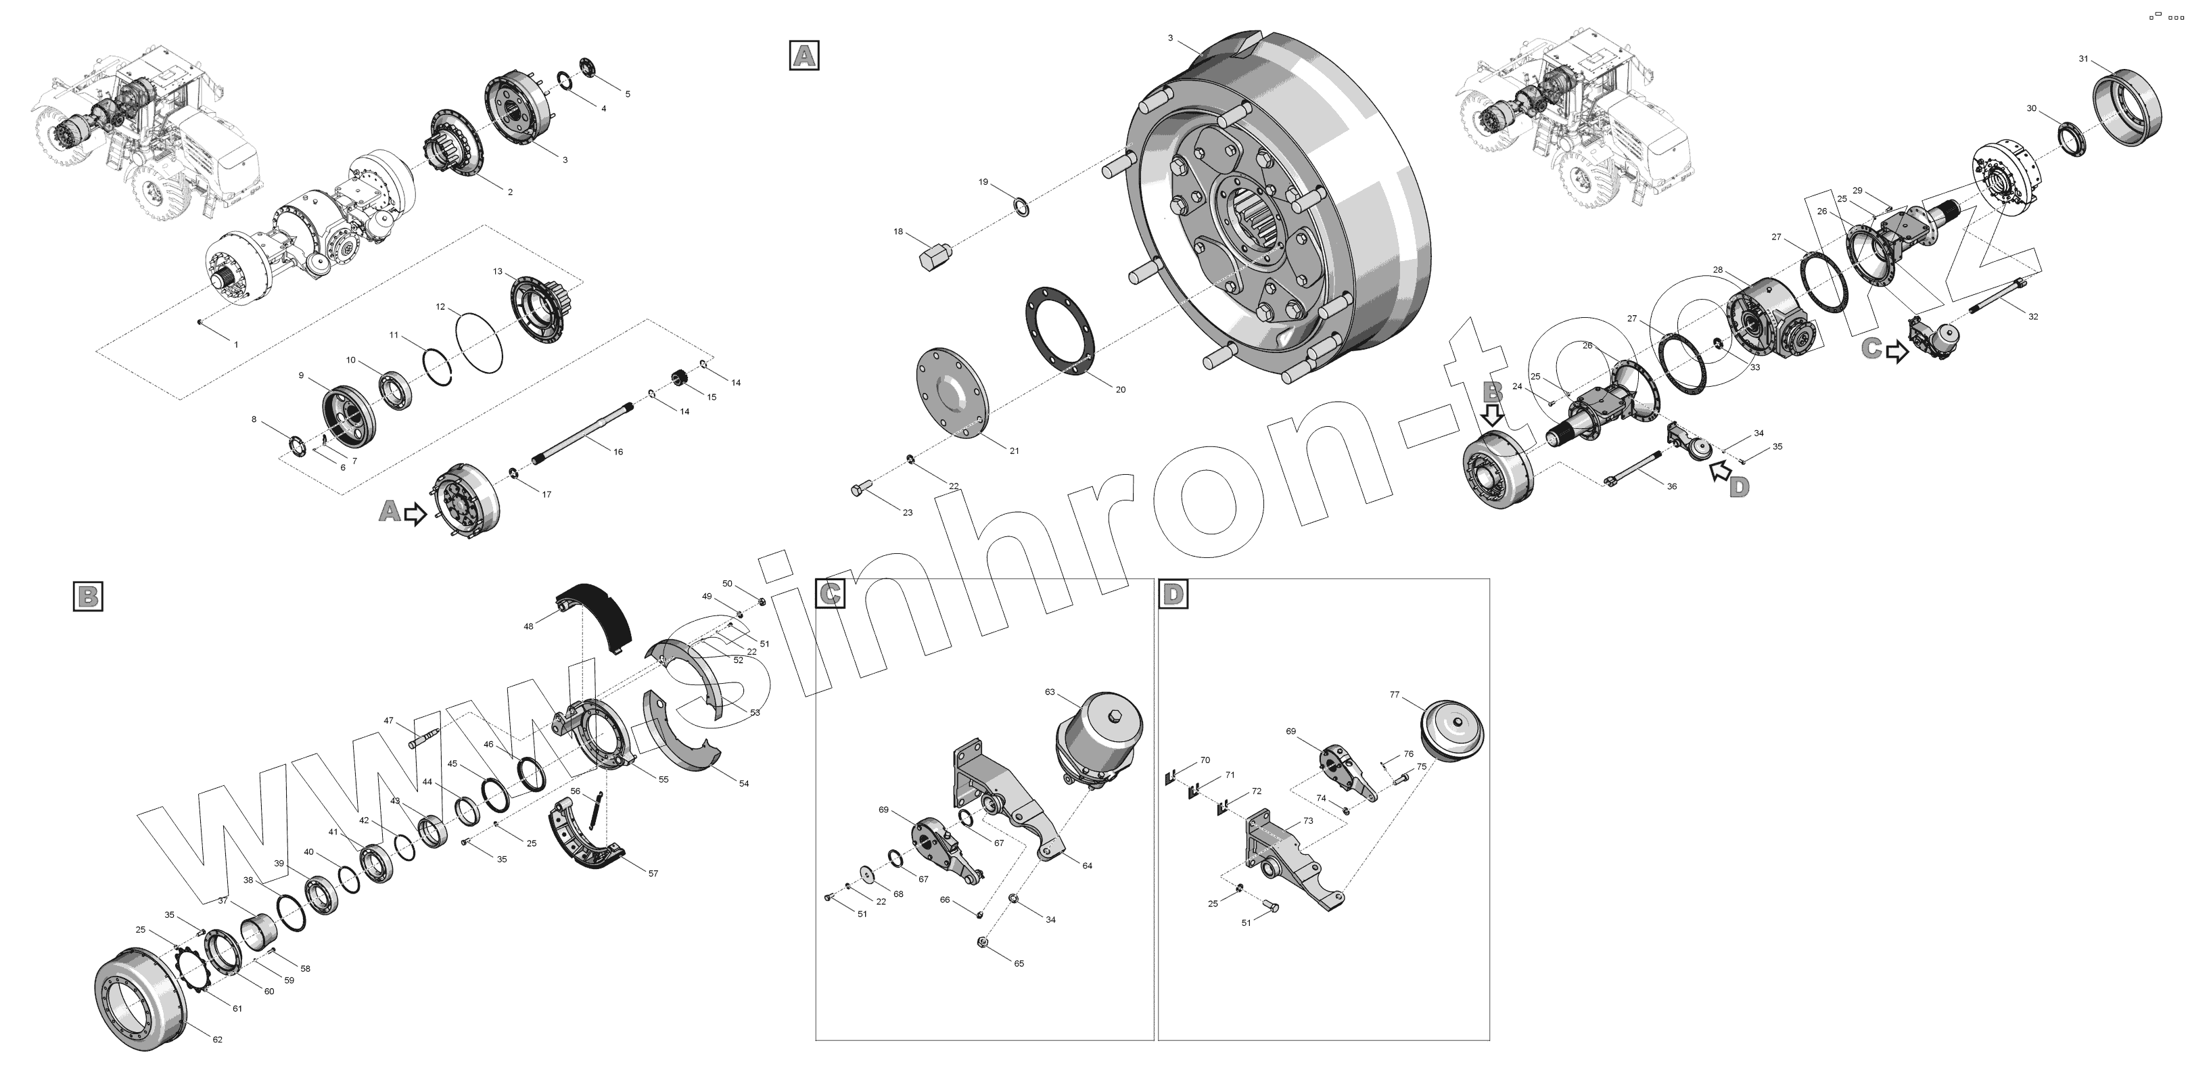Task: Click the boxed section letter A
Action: point(804,55)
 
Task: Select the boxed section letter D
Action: point(1173,595)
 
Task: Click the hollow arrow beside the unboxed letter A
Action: point(415,514)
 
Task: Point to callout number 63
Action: point(1050,693)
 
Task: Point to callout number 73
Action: point(1308,820)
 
